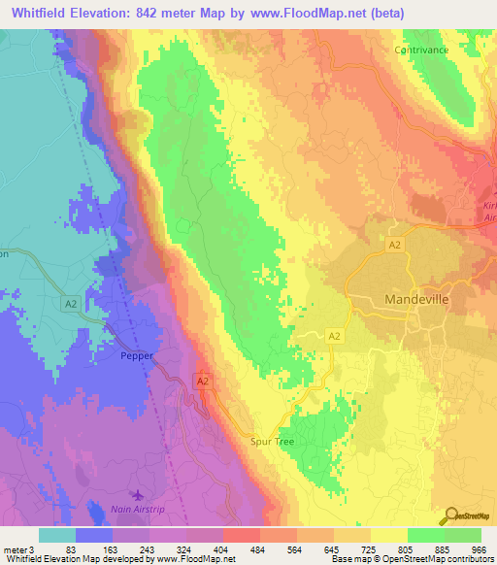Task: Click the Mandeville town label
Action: pos(417,300)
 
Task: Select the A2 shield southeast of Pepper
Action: pos(203,383)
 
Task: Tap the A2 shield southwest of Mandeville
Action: pos(333,335)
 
